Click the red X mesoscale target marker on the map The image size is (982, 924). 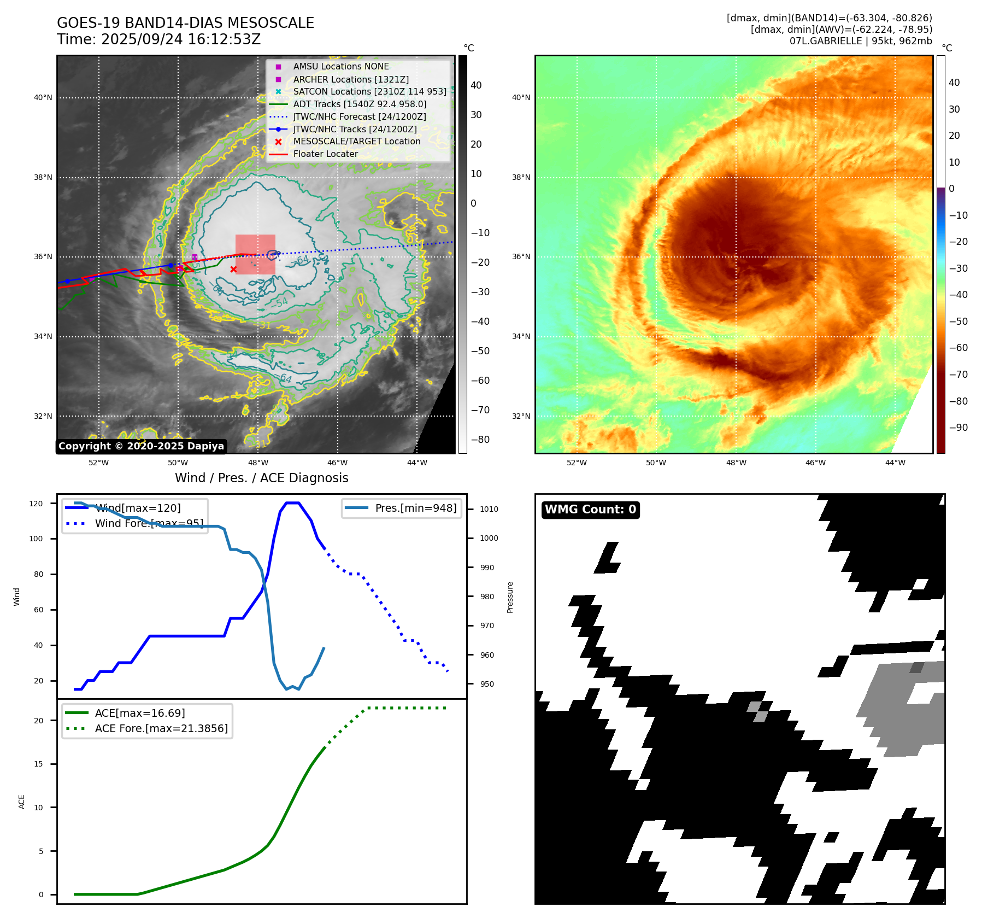(x=234, y=269)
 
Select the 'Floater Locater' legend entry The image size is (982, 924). (x=325, y=154)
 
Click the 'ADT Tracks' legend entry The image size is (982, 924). (x=360, y=104)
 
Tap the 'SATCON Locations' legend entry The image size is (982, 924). (x=369, y=92)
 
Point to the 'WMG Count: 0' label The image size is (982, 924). (x=590, y=510)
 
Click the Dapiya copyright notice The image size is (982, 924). (x=141, y=446)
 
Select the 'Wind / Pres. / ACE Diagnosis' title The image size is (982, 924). (x=261, y=478)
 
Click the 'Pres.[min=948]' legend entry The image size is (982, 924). (x=415, y=508)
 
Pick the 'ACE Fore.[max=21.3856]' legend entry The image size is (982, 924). (x=161, y=728)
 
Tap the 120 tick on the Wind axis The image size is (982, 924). (x=36, y=504)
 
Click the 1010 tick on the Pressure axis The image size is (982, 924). (x=489, y=509)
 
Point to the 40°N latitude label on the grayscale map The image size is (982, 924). (x=43, y=98)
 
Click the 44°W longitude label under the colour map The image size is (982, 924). (x=895, y=463)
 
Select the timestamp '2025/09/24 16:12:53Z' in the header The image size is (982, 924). (x=181, y=39)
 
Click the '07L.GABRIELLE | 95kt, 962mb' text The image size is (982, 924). (x=861, y=40)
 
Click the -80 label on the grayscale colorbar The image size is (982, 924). (x=480, y=440)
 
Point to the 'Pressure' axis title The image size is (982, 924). (x=510, y=597)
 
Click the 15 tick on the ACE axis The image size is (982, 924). (x=38, y=764)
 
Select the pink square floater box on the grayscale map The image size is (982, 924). (x=255, y=254)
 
